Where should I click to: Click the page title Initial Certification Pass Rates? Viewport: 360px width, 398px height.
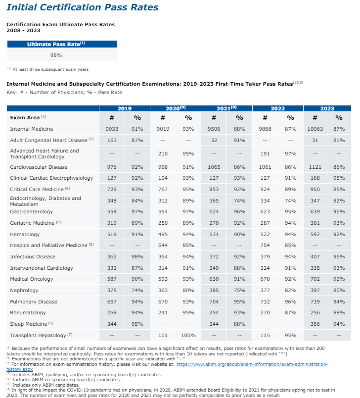83,7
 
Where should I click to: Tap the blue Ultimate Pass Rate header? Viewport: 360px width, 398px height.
55,44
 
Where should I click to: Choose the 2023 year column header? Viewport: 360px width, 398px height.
327,108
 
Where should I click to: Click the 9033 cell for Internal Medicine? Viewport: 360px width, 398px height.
111,129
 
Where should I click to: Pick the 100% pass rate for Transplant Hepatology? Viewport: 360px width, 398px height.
188,335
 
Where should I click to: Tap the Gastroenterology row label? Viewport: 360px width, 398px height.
28,212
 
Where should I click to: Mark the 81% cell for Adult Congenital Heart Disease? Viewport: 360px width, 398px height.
339,140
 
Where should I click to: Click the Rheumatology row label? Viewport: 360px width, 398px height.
27,313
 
